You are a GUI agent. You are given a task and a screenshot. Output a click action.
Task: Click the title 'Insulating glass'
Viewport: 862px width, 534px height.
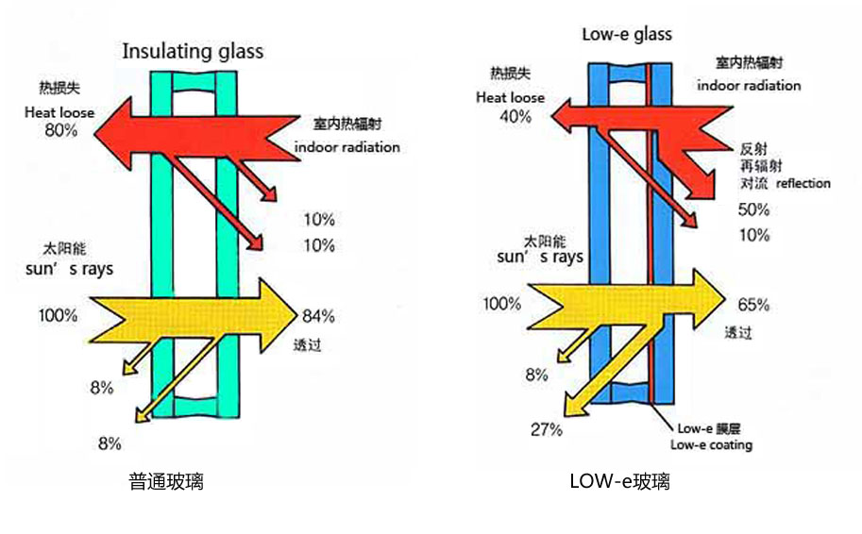point(193,51)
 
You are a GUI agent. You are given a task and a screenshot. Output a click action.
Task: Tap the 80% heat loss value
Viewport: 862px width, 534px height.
point(60,130)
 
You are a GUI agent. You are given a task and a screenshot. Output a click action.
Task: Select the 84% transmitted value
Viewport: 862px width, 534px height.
point(318,315)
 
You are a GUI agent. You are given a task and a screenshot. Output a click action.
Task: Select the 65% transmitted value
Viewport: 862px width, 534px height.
point(753,305)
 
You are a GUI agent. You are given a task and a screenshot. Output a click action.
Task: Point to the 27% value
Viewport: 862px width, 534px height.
point(546,429)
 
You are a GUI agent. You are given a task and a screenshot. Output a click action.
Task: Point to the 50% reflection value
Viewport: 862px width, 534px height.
point(754,209)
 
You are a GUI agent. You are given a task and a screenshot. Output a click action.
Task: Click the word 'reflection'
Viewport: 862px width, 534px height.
point(803,183)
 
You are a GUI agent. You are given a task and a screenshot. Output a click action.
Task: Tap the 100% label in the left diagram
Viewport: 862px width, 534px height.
point(59,315)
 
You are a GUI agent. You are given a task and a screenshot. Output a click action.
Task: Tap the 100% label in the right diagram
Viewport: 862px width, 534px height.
point(501,304)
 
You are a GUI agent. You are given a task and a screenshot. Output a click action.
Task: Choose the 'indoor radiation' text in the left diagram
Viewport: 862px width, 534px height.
point(347,147)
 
